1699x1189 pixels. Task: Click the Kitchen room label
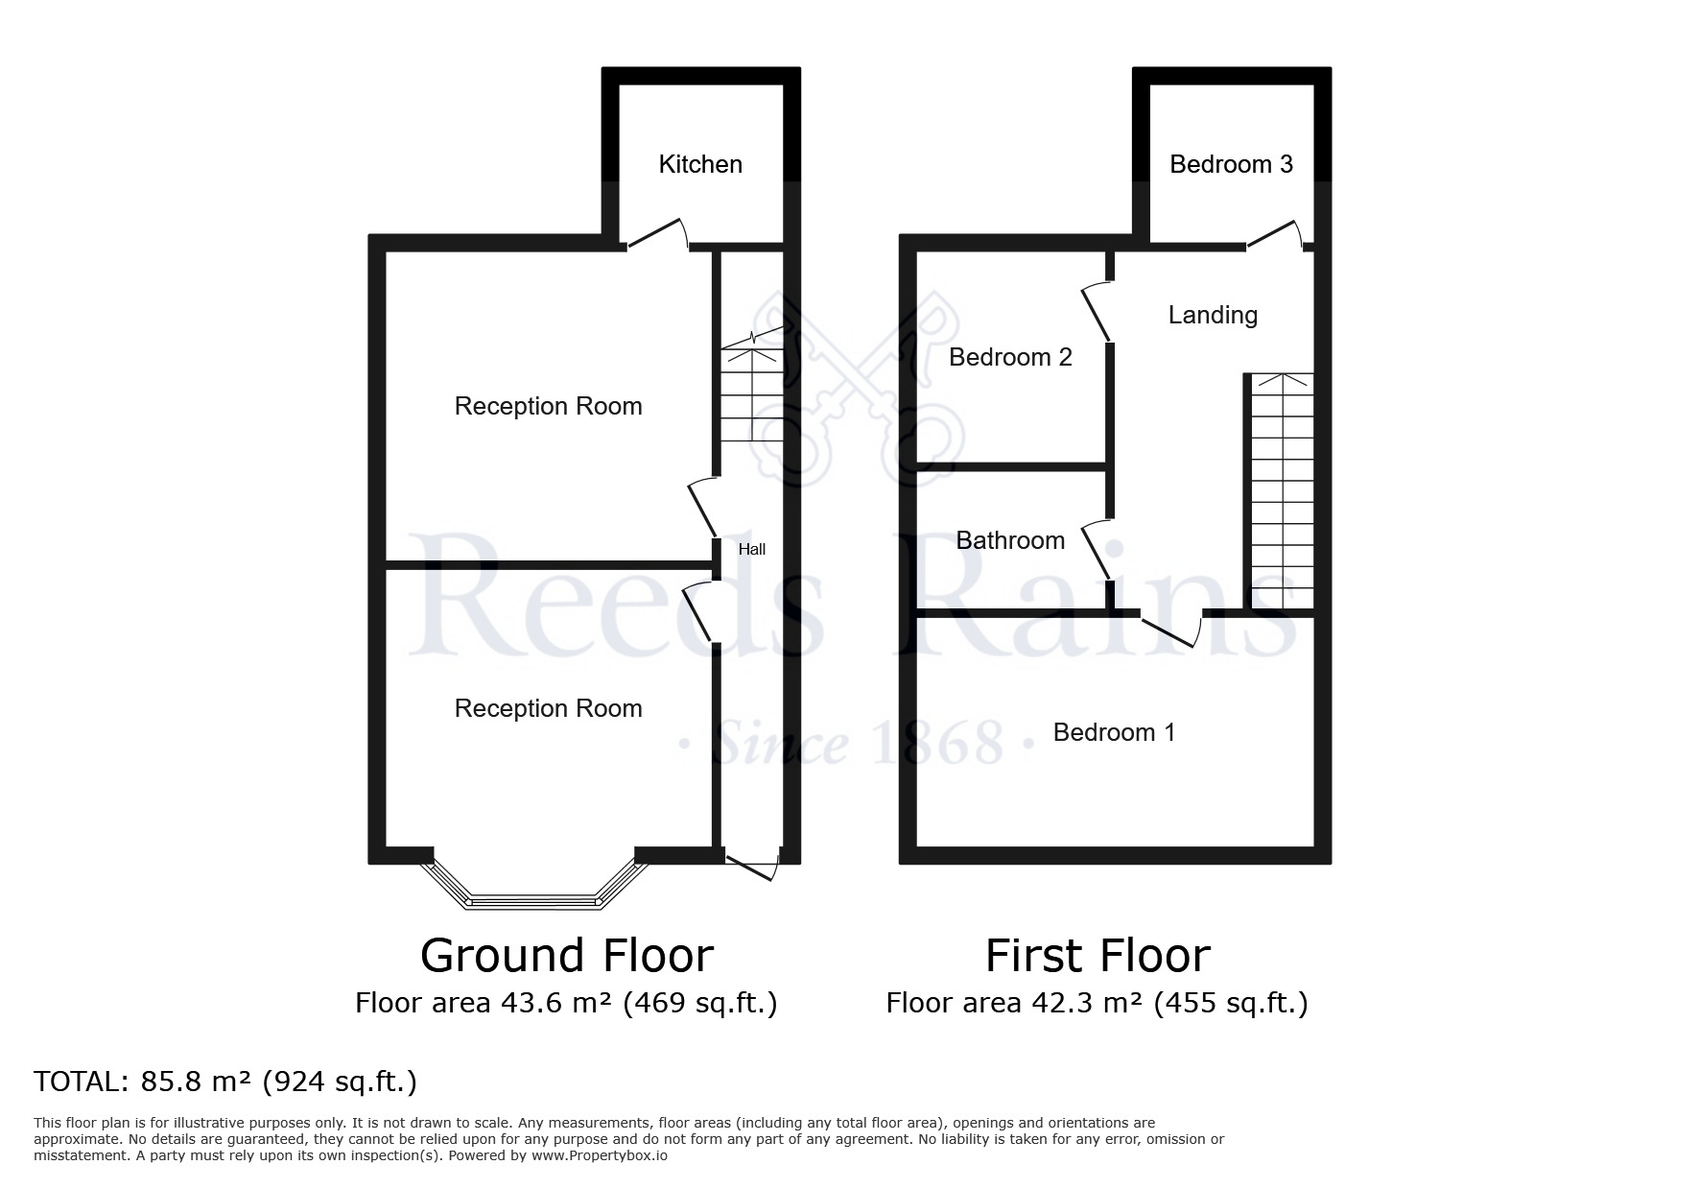point(700,164)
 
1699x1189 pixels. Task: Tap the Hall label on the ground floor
point(752,550)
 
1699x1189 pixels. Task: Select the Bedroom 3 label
point(1231,164)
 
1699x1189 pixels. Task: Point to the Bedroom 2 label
point(1010,357)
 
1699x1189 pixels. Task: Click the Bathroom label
point(1010,540)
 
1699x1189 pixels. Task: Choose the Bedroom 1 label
point(1114,732)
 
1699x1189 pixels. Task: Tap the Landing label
point(1213,315)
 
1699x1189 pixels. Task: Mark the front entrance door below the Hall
point(752,863)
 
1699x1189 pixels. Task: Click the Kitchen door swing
point(658,233)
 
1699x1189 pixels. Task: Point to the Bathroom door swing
point(1097,551)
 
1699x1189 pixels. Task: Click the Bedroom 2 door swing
point(1097,312)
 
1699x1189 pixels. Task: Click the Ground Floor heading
point(567,956)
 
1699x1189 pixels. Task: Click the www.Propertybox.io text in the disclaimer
point(600,1155)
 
